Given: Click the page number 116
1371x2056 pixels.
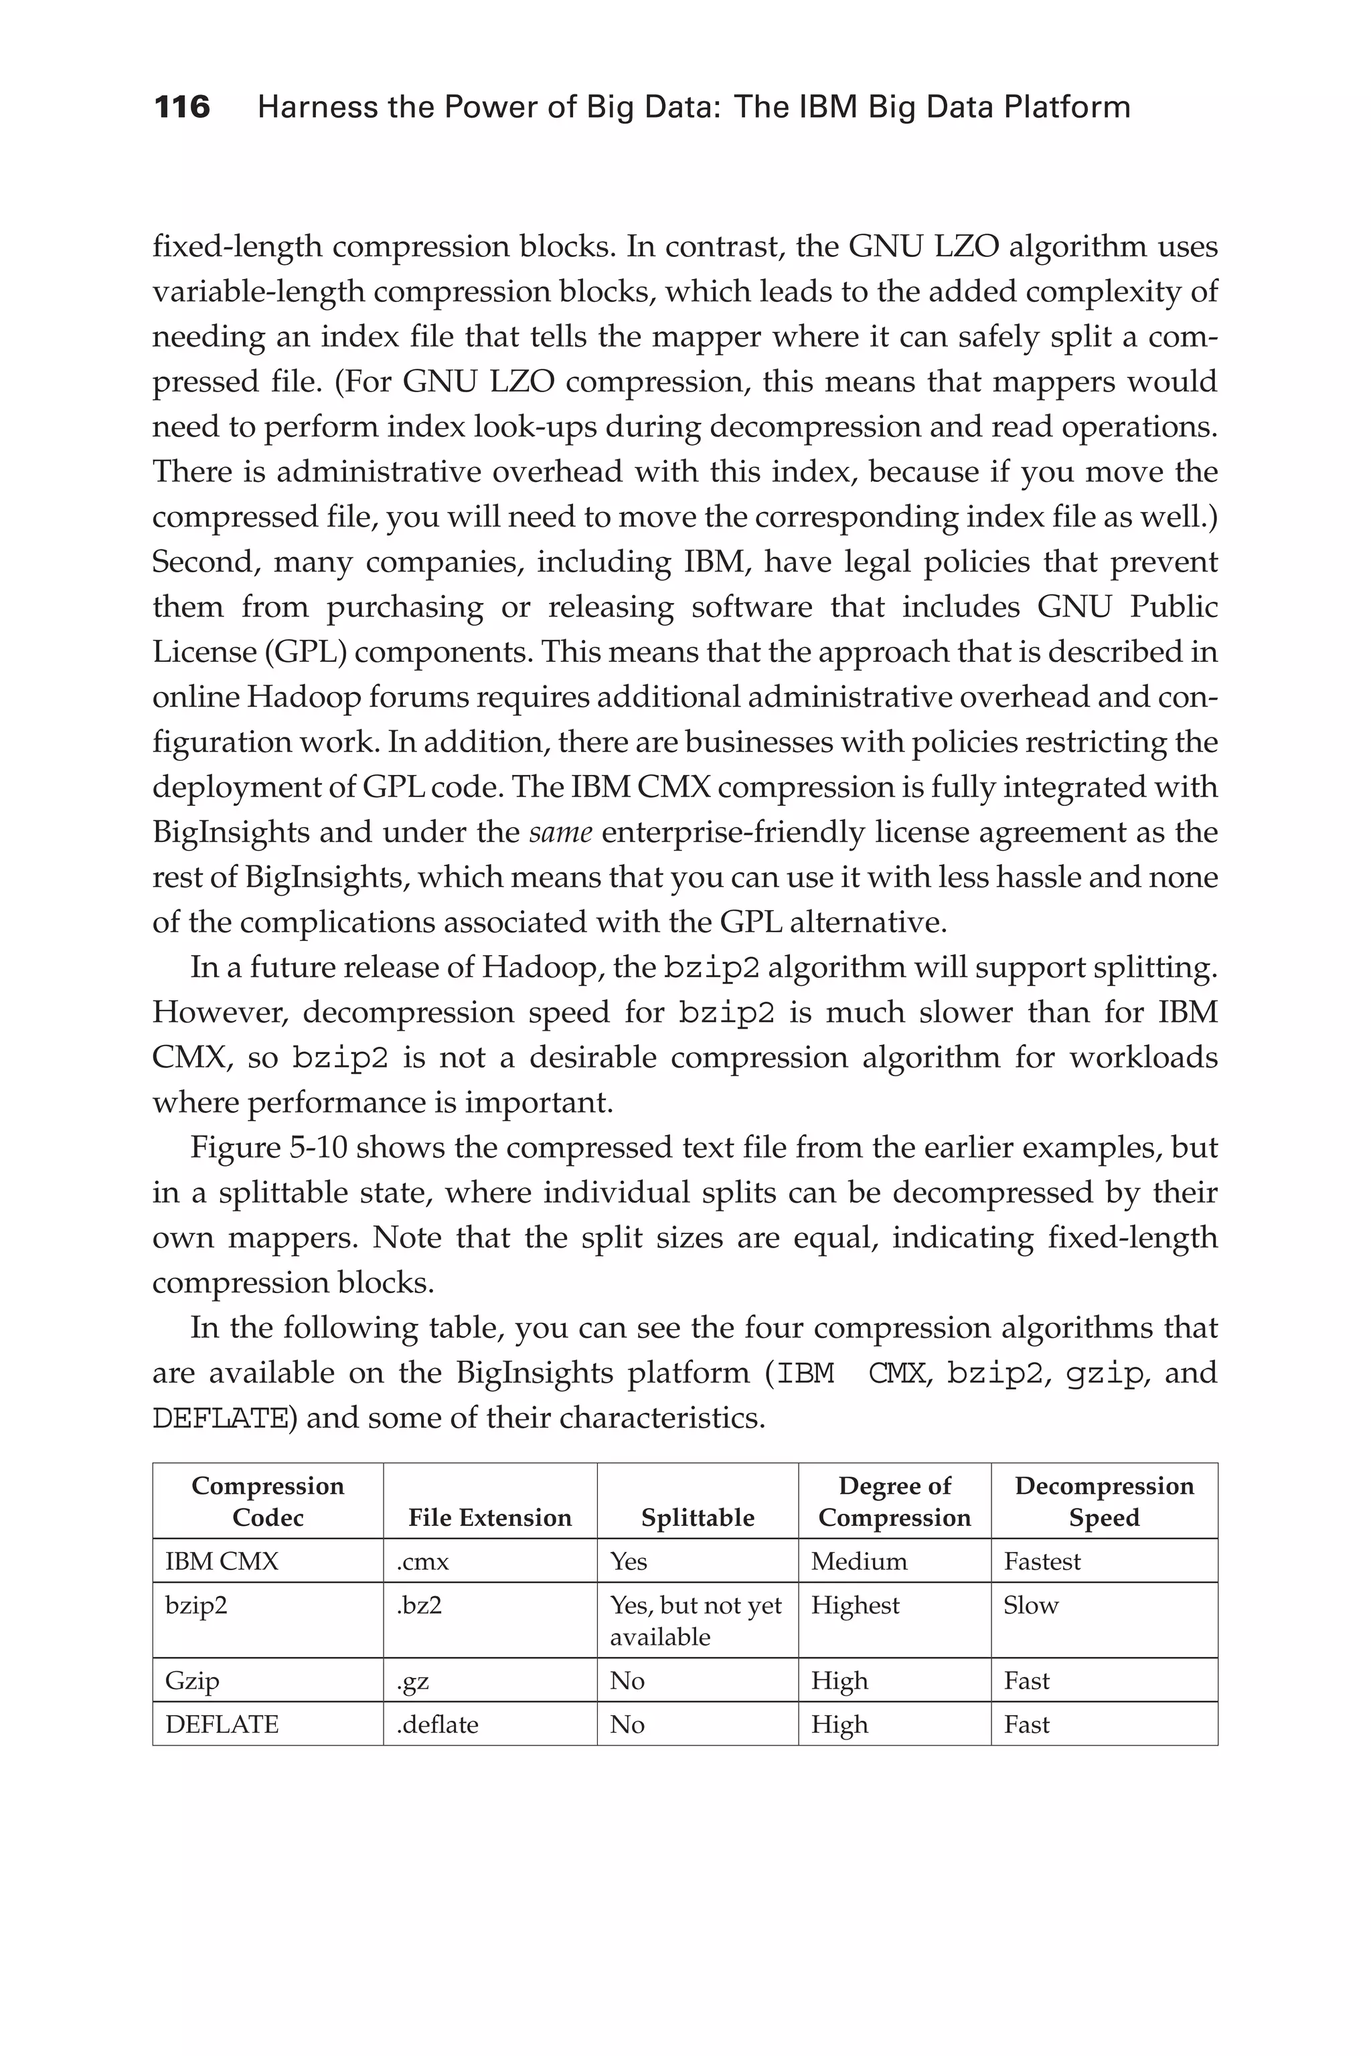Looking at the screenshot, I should (x=182, y=108).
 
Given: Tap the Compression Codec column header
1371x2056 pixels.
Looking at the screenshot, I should (x=268, y=1501).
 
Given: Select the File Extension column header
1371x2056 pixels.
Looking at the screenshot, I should (x=489, y=1517).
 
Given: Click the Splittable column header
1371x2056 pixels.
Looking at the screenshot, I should (x=697, y=1517).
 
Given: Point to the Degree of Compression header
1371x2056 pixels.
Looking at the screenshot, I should (x=894, y=1501).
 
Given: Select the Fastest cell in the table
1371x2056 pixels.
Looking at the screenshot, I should (x=1042, y=1561).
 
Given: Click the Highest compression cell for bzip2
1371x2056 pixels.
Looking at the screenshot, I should (x=854, y=1605).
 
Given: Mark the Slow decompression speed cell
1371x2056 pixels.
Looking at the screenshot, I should (x=1030, y=1605).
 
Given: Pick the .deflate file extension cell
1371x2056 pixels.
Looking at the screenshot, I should (x=437, y=1724).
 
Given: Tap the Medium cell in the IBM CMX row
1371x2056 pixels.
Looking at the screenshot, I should (x=859, y=1561).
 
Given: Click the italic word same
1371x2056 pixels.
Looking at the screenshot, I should (x=560, y=831).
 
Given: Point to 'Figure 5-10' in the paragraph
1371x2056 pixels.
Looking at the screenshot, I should (x=268, y=1147).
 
